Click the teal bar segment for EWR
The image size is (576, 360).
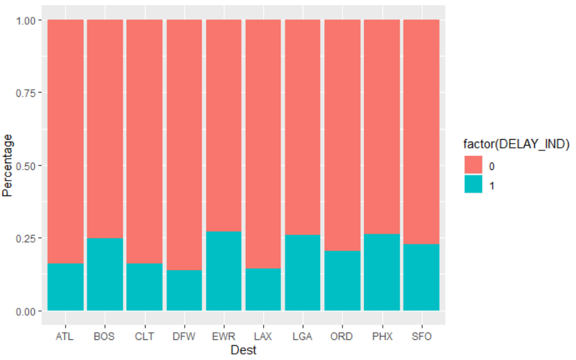coord(224,271)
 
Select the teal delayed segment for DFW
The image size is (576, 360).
coord(184,290)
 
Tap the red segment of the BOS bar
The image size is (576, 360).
coord(105,128)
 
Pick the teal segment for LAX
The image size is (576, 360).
coord(263,289)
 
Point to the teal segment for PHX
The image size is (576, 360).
coord(381,272)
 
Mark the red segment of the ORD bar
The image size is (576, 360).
coord(342,134)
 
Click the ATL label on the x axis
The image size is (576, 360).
coord(65,335)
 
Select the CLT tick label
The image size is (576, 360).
coord(144,335)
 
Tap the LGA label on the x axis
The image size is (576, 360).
coord(302,335)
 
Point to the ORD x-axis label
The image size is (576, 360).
coord(342,335)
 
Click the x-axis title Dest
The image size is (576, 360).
coord(243,350)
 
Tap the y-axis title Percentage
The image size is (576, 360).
coord(8,165)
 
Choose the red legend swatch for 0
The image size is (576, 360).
coord(473,166)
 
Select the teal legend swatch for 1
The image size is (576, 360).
coord(473,185)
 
